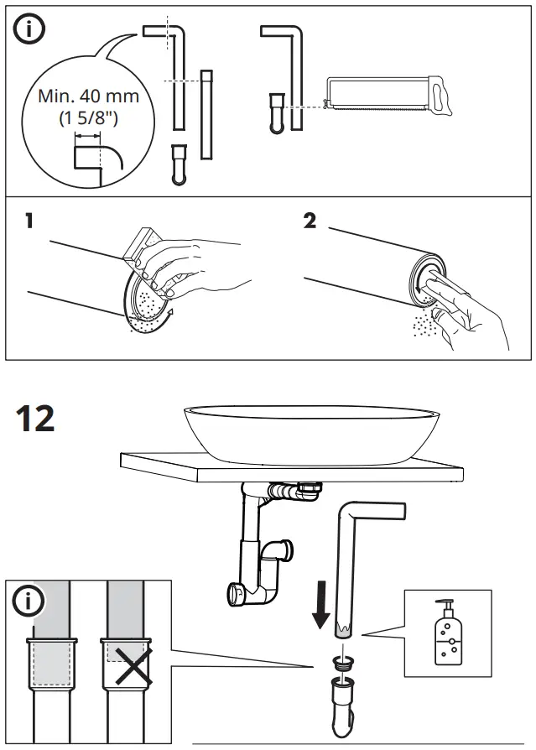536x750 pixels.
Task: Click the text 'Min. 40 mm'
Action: tap(88, 96)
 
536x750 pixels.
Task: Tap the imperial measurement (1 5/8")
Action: tap(88, 118)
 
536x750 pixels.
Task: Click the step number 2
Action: tap(310, 223)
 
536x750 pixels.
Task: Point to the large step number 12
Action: tap(34, 417)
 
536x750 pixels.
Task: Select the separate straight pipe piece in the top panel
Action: tap(206, 115)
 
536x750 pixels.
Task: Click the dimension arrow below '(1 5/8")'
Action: tap(87, 134)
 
